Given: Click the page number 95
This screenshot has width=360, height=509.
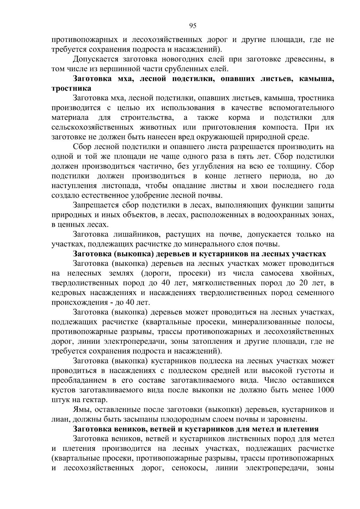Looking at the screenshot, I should pos(193,26).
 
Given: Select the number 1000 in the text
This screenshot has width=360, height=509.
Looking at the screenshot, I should pos(325,390).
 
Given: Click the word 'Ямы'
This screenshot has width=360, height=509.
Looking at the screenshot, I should pos(80,410).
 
